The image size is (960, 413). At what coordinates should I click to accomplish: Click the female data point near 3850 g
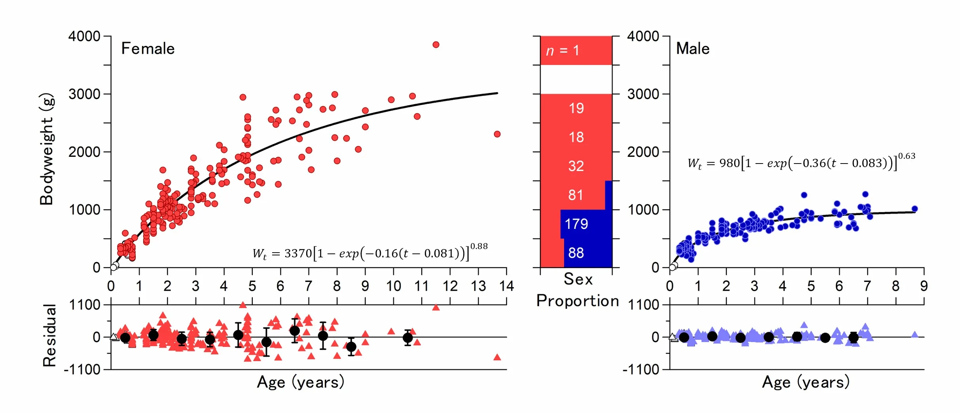tap(436, 45)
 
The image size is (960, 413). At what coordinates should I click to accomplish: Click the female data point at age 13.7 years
tap(497, 134)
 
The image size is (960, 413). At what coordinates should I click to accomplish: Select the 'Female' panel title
tap(148, 49)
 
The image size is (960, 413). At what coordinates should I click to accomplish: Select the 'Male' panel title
tap(693, 49)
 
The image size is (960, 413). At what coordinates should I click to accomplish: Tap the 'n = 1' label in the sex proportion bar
tap(562, 51)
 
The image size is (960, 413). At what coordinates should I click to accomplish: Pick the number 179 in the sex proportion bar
tap(576, 224)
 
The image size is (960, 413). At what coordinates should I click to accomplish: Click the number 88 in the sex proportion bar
tap(576, 253)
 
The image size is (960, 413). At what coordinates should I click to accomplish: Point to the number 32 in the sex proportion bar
tap(576, 166)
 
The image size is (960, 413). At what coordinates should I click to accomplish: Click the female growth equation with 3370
tap(370, 252)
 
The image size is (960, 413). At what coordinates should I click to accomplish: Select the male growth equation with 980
tap(801, 162)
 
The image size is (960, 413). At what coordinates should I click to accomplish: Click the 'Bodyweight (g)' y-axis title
tap(47, 149)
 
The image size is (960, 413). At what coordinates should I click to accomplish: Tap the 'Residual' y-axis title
tap(50, 335)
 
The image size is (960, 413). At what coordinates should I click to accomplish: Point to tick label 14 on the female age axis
tap(506, 286)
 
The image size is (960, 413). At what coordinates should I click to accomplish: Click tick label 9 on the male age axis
tap(924, 286)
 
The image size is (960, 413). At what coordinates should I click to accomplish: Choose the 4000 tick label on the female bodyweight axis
tap(84, 36)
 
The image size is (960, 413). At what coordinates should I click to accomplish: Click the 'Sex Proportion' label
tap(578, 290)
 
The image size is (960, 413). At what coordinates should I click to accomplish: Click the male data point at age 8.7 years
tap(915, 209)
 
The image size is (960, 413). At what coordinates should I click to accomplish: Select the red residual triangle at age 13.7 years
tap(497, 358)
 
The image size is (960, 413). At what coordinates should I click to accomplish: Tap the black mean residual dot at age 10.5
tap(408, 338)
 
